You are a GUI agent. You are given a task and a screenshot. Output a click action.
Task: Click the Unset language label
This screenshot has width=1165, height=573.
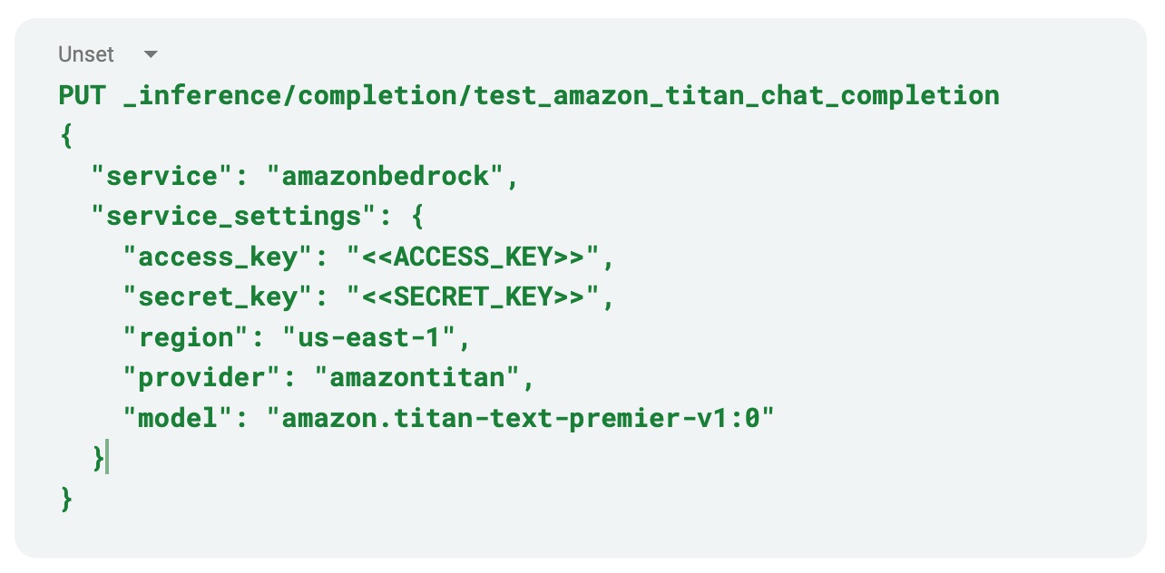click(86, 54)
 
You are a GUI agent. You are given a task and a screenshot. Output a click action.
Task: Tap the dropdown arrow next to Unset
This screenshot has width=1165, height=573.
click(151, 54)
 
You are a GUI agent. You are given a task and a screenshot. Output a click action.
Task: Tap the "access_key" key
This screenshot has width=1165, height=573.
click(219, 257)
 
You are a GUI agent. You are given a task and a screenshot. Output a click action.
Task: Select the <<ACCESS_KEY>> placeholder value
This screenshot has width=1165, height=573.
click(474, 257)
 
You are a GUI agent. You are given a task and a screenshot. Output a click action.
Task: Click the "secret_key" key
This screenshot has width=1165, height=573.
click(219, 297)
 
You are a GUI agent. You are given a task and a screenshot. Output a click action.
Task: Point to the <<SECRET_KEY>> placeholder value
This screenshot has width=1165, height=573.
click(474, 297)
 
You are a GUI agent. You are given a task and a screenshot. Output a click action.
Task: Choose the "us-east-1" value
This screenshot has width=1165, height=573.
click(370, 338)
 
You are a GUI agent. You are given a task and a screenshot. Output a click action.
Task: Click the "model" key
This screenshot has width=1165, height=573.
click(179, 419)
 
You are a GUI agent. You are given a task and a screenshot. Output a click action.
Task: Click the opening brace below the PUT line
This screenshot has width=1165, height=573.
click(65, 136)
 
